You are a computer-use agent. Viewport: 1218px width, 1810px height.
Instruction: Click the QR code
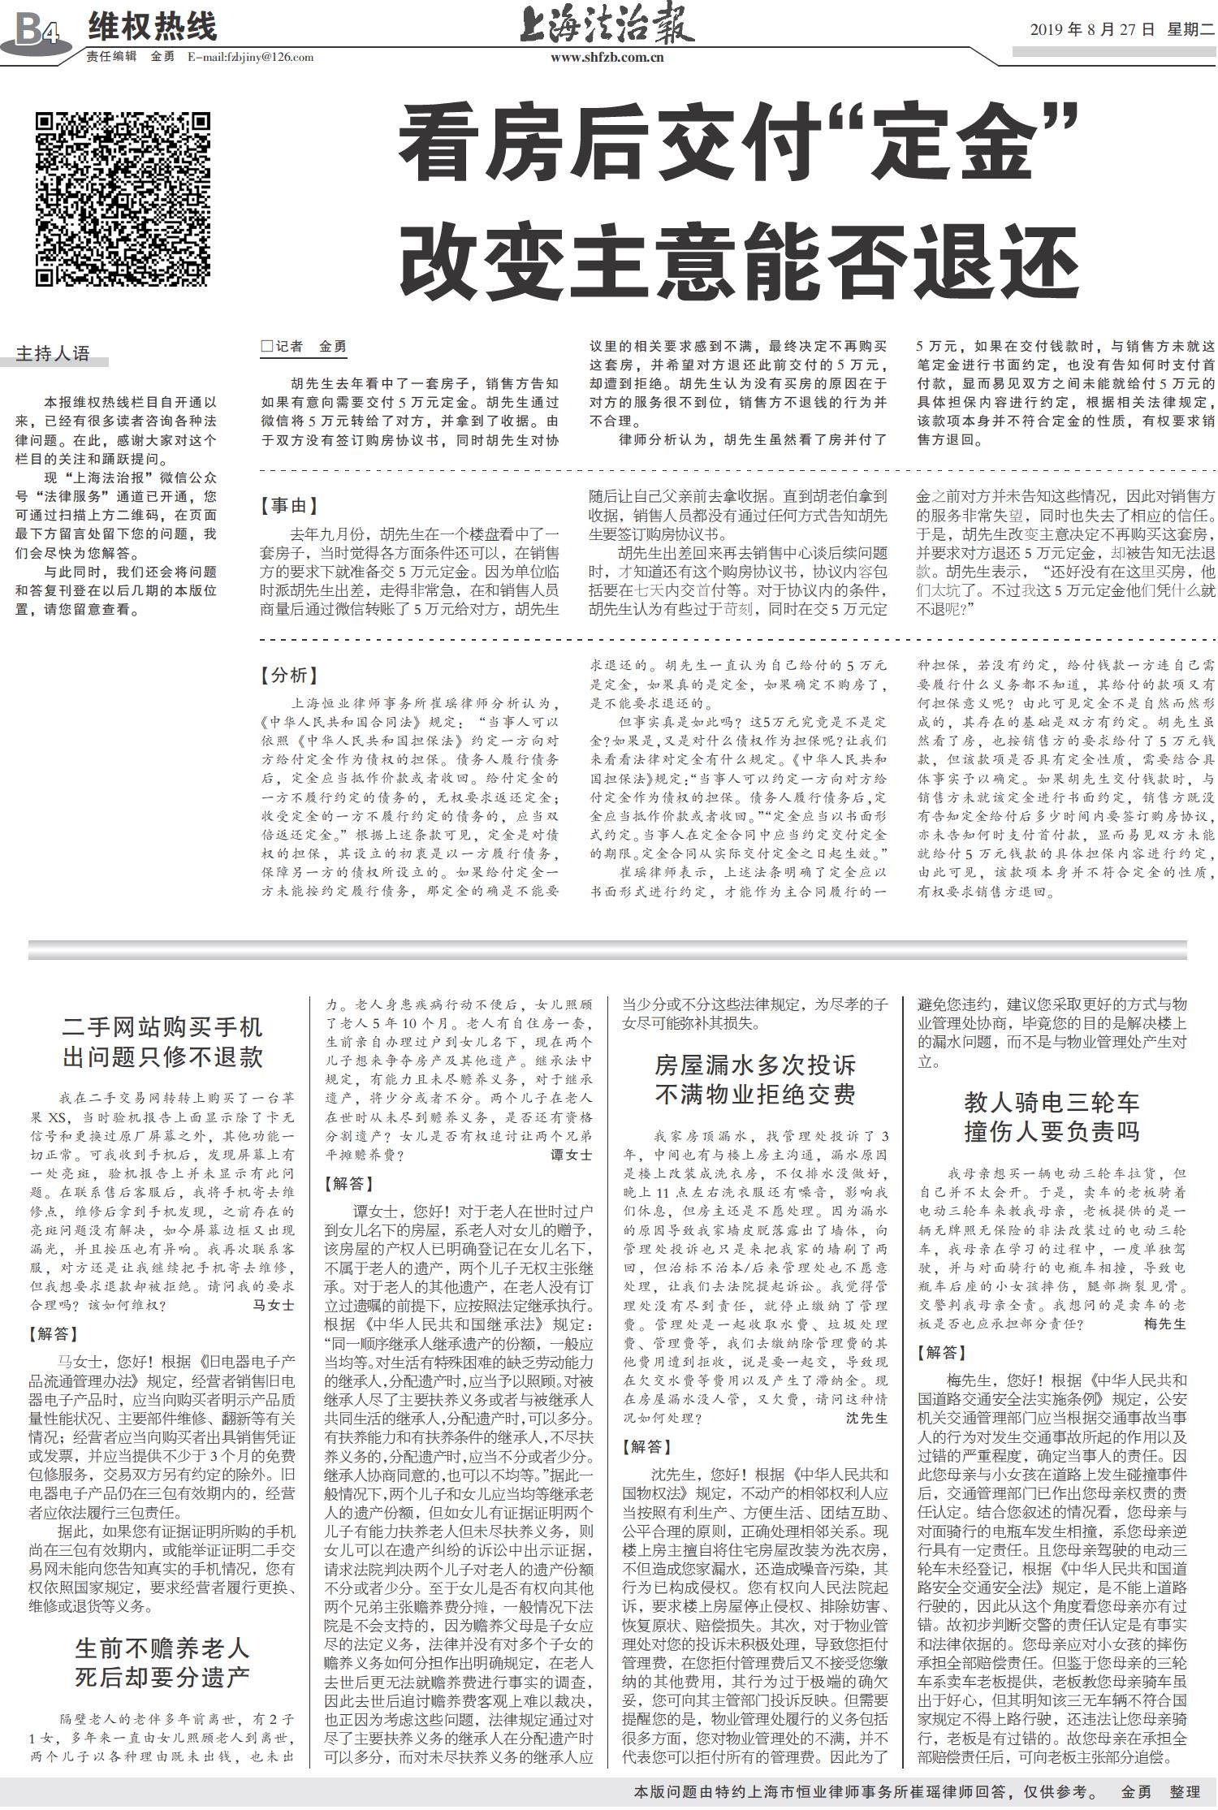tap(123, 199)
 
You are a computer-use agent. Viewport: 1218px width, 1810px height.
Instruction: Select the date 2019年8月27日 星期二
tap(1121, 30)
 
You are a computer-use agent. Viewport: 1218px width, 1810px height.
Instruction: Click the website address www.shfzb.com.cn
tap(607, 57)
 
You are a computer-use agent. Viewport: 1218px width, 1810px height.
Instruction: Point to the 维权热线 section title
tap(153, 28)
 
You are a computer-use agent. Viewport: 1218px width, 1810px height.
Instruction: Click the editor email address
tap(250, 57)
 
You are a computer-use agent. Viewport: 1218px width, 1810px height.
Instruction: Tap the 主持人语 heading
tap(53, 353)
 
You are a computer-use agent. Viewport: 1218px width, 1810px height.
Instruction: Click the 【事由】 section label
tap(289, 506)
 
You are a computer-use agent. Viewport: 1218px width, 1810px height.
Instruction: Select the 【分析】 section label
tap(289, 675)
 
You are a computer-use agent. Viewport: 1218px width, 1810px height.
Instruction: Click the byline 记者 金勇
tap(305, 347)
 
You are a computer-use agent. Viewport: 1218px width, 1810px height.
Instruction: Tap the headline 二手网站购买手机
tap(162, 1027)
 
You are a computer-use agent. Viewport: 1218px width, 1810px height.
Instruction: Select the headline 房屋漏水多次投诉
tap(755, 1065)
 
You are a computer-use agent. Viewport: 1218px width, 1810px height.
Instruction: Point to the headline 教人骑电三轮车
tap(1052, 1102)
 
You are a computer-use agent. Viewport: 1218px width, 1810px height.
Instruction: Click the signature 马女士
tap(274, 1305)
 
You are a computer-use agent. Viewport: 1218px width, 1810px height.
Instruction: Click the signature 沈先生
tap(866, 1418)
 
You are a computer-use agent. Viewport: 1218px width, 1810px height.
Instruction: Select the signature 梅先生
tap(1164, 1324)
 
